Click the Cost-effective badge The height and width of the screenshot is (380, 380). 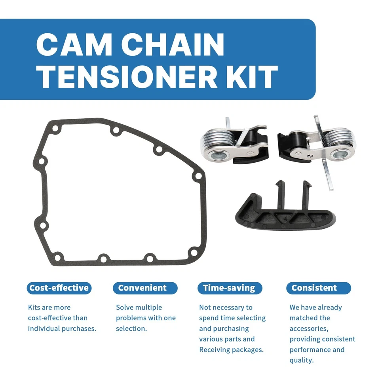(59, 288)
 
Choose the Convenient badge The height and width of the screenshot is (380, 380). (142, 288)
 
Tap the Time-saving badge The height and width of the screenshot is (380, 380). (229, 288)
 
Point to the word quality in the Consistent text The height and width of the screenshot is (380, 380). (301, 360)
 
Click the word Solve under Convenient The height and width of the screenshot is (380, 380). (124, 307)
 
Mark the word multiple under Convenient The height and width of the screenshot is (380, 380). (148, 307)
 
